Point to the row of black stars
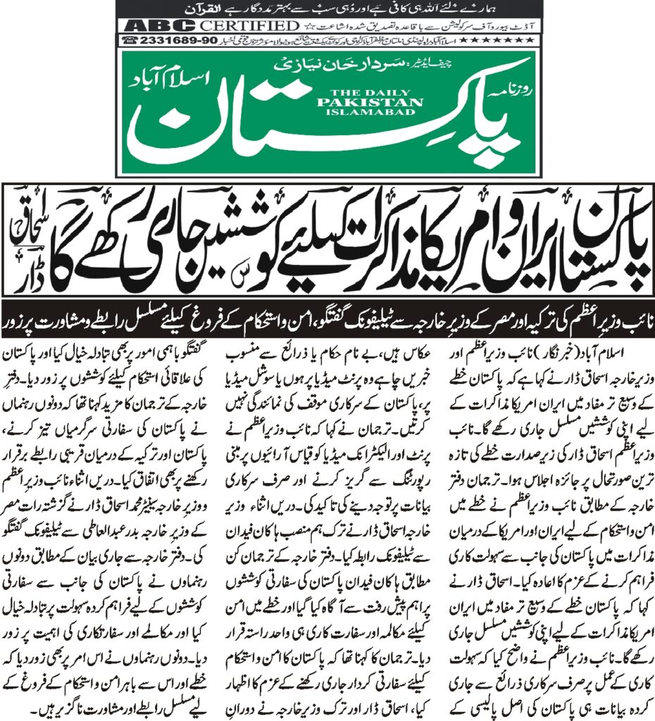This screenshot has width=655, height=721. (x=507, y=41)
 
